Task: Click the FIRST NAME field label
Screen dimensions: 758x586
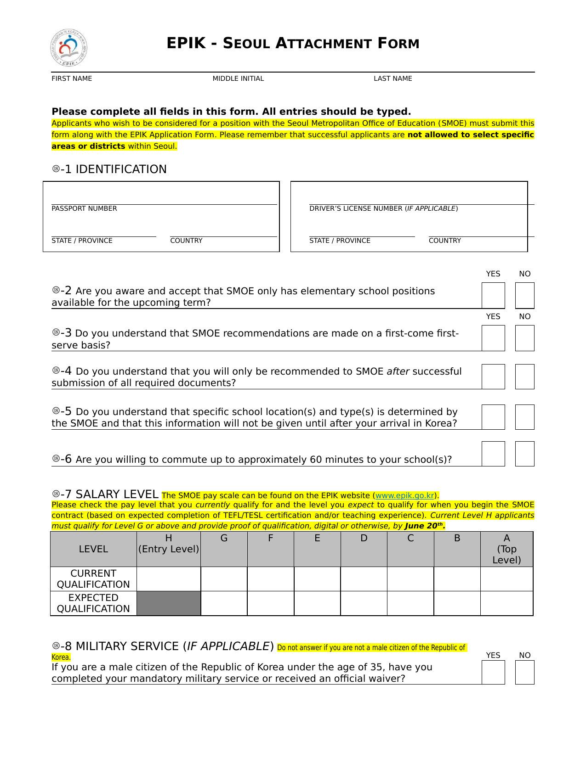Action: coord(72,79)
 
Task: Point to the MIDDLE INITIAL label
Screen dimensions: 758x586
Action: coord(238,79)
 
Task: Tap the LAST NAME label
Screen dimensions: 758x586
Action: coord(393,79)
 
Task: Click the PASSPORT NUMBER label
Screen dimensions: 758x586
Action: coord(84,208)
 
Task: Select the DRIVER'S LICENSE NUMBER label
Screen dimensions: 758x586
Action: coord(383,208)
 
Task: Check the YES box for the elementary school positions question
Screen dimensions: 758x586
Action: coord(493,295)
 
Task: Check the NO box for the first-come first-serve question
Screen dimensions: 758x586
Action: coord(524,338)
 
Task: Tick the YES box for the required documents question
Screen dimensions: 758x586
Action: coord(493,376)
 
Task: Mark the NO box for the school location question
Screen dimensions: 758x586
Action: coord(524,417)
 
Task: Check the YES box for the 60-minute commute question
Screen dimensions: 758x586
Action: coord(493,454)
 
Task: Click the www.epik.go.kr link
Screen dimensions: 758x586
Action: coord(405,495)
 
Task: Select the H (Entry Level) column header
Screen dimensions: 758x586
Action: coord(169,544)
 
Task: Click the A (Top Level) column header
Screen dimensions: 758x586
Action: coord(506,549)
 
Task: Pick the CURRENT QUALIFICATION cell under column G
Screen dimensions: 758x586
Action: coord(224,579)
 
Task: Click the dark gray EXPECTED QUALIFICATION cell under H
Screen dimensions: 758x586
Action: coord(169,603)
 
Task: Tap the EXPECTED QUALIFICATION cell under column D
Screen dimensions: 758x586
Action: coord(364,603)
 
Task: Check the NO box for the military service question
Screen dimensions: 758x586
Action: coord(524,672)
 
